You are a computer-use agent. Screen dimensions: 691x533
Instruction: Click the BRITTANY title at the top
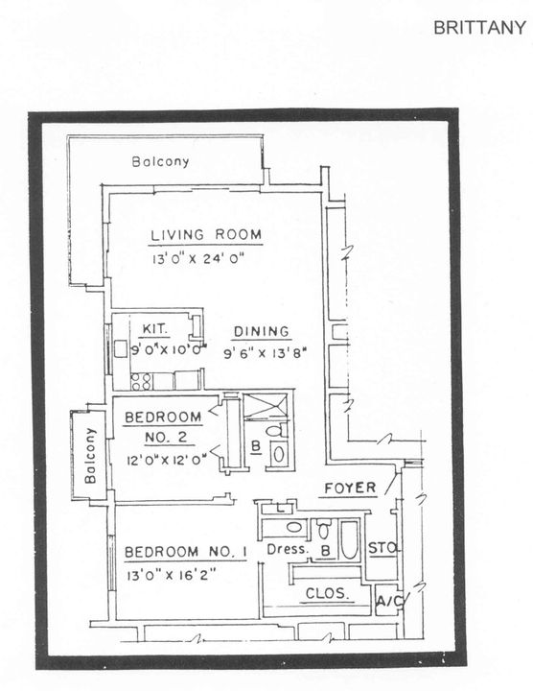coord(479,28)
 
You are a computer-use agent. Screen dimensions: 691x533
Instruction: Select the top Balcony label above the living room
coord(160,162)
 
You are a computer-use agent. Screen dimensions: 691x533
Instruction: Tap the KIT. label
coord(155,329)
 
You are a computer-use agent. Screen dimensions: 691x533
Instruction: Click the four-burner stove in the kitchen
coord(141,380)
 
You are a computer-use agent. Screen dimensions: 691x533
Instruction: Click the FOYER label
coord(349,488)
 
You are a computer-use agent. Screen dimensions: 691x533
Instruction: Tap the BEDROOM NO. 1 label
coord(186,553)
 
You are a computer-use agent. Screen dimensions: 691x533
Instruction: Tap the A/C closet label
coord(387,602)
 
